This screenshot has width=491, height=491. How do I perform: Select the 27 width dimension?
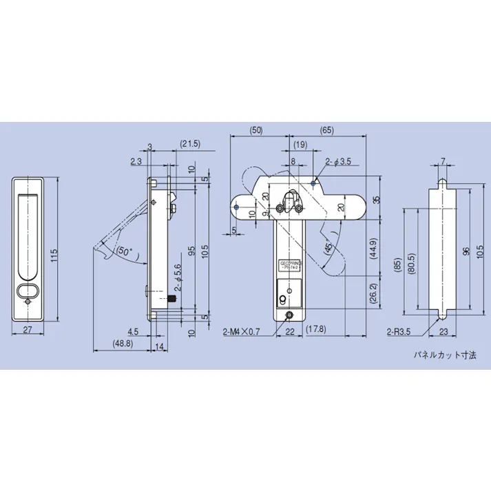click(28, 330)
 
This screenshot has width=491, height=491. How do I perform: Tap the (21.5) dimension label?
click(189, 143)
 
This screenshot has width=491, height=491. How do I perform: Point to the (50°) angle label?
click(125, 251)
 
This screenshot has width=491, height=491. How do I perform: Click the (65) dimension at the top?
click(327, 129)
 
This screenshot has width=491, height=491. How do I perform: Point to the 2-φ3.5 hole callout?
click(338, 162)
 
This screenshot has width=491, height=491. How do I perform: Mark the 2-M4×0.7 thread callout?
click(241, 332)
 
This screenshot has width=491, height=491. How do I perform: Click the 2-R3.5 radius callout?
click(399, 332)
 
